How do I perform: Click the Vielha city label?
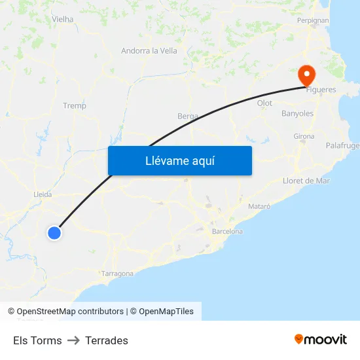coord(63,20)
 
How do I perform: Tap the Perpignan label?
coord(312,20)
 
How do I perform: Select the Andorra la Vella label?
coord(149,50)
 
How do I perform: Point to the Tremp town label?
coord(74,105)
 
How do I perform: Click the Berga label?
coord(188,116)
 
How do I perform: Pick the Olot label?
coord(264,103)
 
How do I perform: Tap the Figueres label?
coord(321,90)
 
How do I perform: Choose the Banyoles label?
coord(297,113)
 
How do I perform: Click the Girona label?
coord(304,136)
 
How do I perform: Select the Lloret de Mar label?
coord(306,181)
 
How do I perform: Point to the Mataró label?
coord(259,206)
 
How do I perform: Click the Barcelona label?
coord(227,231)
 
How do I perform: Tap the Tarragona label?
coord(118,274)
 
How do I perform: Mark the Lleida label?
coord(43,194)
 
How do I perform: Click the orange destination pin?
coord(306,75)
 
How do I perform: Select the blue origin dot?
coord(54,232)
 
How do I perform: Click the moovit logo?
coord(320,340)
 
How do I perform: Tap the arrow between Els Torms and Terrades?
coord(73,340)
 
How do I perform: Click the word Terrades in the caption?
coord(107,340)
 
